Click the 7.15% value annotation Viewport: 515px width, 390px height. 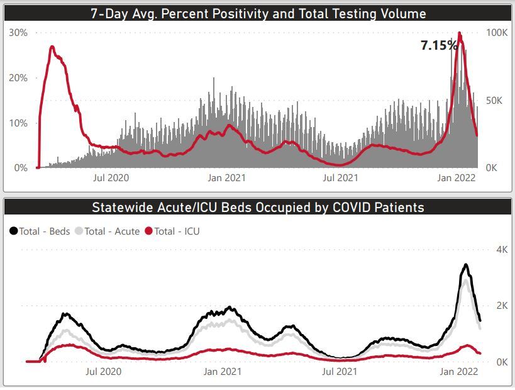click(438, 45)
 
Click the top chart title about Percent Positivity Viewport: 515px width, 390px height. click(257, 13)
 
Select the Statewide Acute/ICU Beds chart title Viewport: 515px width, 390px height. click(258, 207)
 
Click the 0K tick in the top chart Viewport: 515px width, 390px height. click(491, 168)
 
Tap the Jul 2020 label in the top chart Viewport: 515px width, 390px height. click(111, 178)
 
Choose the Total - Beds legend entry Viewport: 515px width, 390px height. click(40, 231)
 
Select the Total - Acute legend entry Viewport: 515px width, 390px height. click(107, 231)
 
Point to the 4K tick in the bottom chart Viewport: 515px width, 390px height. click(501, 250)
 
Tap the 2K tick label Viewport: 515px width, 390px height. click(501, 306)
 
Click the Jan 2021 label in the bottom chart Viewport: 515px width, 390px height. click(222, 372)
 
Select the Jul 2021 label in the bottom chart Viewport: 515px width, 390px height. click(340, 372)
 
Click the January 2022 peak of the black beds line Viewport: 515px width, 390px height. click(465, 265)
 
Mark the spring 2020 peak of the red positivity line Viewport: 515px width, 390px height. click(52, 47)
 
